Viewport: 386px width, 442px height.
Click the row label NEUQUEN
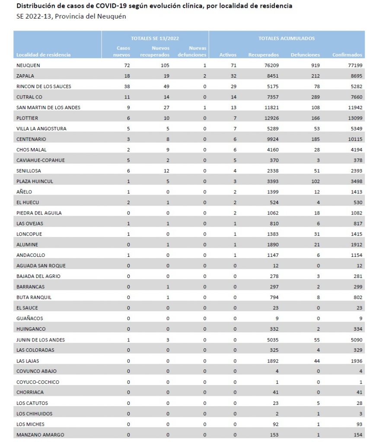(x=29, y=65)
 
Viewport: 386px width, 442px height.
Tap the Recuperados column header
(x=263, y=55)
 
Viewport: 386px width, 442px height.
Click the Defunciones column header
(x=305, y=55)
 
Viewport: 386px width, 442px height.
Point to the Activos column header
(x=228, y=55)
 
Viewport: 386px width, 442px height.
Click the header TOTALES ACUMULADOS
(x=286, y=38)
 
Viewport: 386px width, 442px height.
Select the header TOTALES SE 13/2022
(x=155, y=38)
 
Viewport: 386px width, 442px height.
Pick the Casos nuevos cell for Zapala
(x=126, y=76)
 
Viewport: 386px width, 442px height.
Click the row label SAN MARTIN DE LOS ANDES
(x=48, y=107)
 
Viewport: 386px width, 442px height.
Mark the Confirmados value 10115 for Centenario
(x=353, y=139)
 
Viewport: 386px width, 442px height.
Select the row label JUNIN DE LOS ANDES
(x=40, y=340)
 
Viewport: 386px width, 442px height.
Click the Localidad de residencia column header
(x=43, y=55)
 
